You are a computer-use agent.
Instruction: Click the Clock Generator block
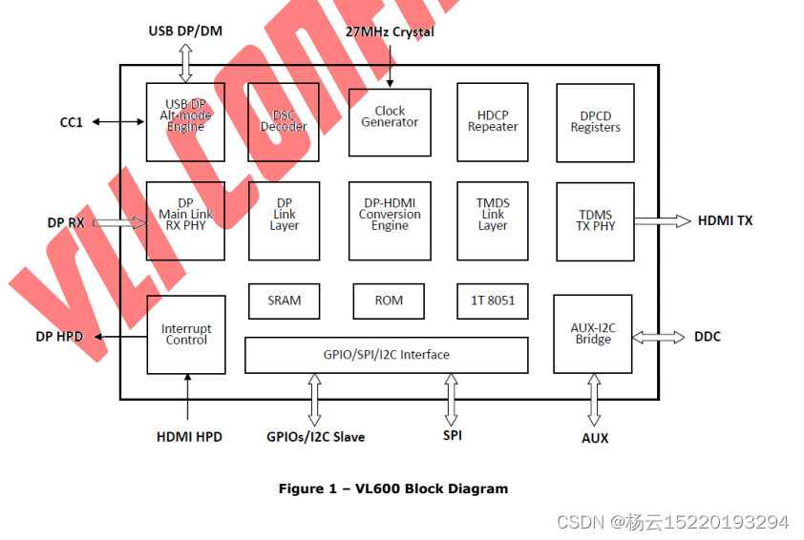(x=390, y=122)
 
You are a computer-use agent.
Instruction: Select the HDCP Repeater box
(x=493, y=121)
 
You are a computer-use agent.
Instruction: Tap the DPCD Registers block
(x=595, y=122)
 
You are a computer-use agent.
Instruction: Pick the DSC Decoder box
(x=284, y=121)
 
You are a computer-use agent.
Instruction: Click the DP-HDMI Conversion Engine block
(x=390, y=221)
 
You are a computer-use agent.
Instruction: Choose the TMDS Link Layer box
(x=493, y=221)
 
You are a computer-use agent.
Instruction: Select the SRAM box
(x=284, y=301)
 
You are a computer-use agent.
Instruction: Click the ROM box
(x=389, y=301)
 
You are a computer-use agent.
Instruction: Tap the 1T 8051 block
(x=493, y=301)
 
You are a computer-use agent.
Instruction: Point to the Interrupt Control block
(x=186, y=335)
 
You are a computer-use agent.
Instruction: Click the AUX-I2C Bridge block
(x=593, y=334)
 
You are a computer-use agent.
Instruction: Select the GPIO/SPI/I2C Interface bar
(x=386, y=355)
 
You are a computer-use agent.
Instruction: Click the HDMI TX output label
(x=725, y=221)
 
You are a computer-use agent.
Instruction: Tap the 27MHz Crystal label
(x=390, y=32)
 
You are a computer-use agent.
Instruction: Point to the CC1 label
(x=72, y=122)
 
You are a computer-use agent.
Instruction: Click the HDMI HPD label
(x=189, y=437)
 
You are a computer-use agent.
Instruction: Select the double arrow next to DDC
(x=659, y=337)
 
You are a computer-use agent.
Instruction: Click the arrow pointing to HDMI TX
(x=663, y=221)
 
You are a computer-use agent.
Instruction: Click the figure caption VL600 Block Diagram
(x=392, y=488)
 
